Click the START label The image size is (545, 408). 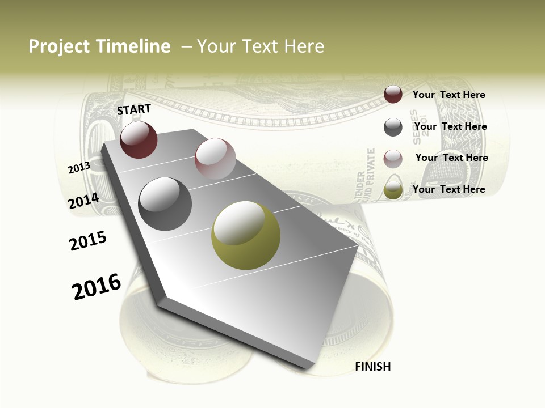(x=134, y=109)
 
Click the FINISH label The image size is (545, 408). (x=372, y=367)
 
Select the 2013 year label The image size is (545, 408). (x=79, y=168)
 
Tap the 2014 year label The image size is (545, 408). (x=83, y=201)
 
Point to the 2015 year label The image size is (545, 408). (x=88, y=241)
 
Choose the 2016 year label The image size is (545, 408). (x=97, y=286)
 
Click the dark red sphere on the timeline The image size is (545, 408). (x=139, y=140)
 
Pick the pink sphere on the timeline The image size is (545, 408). (x=215, y=159)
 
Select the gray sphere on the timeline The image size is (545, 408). (x=165, y=203)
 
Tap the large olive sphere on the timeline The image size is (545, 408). (x=246, y=235)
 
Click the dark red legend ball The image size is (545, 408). (x=393, y=95)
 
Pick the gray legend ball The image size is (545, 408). (x=393, y=127)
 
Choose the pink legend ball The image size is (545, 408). (x=393, y=159)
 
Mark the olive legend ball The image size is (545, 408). (x=393, y=190)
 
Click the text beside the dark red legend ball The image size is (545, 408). (x=448, y=95)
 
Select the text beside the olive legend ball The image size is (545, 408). (x=448, y=189)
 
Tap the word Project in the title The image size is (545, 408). (x=59, y=46)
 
